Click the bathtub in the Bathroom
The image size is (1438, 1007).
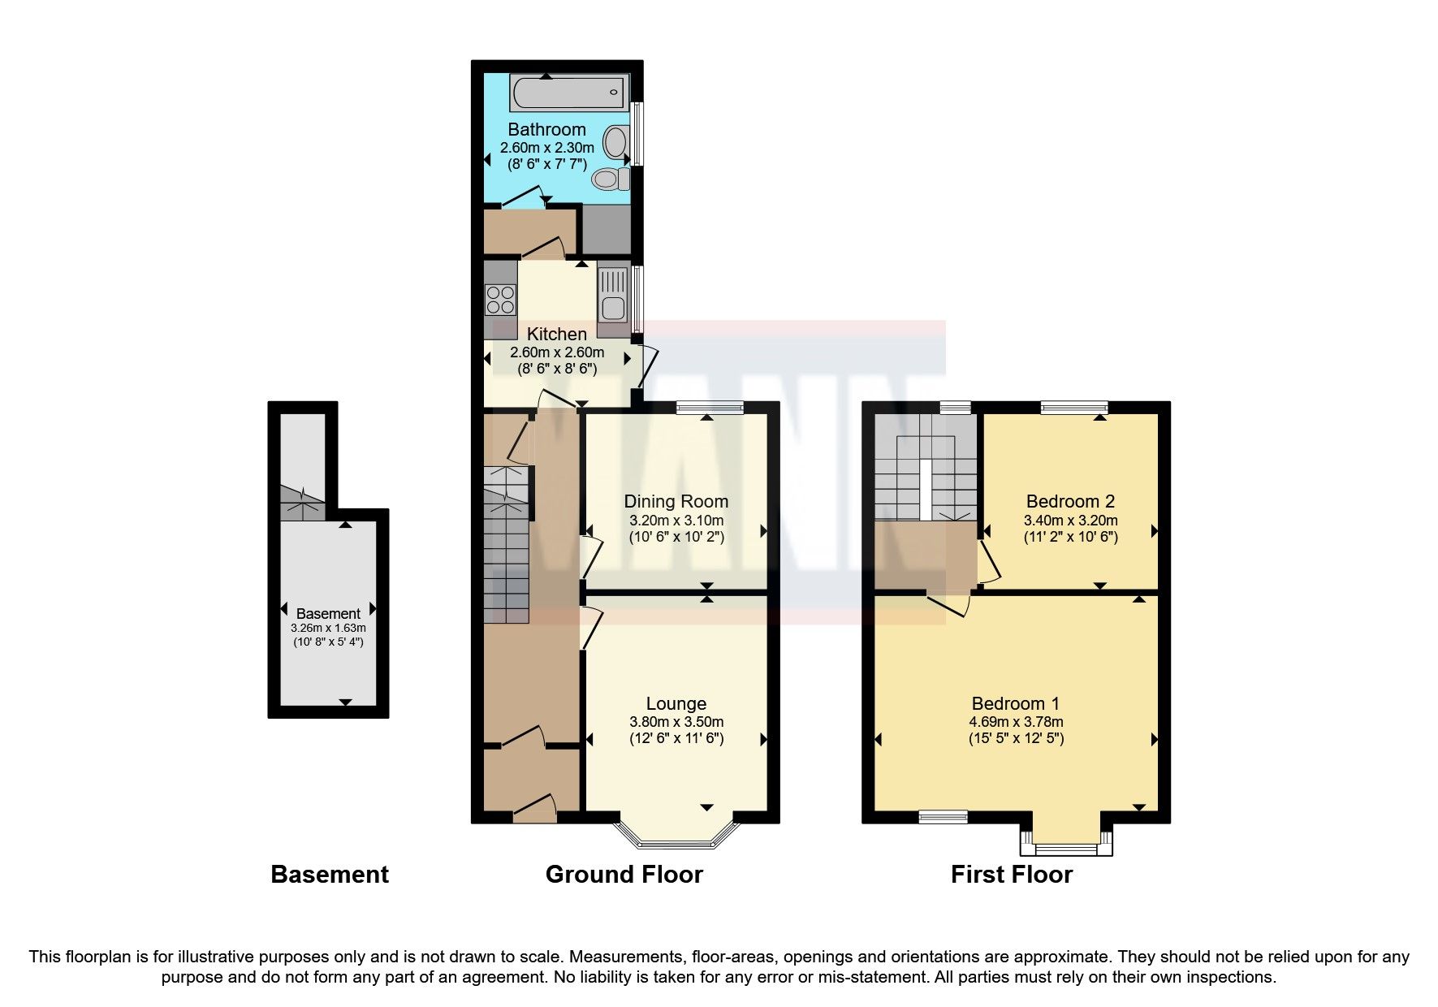[568, 93]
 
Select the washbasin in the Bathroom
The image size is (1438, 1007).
[616, 144]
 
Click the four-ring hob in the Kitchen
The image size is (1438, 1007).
[499, 300]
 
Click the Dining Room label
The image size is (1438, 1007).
[676, 501]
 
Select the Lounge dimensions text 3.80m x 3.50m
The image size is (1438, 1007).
[676, 721]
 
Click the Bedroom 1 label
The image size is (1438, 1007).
[1015, 703]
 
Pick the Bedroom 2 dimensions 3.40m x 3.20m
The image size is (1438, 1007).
[1070, 521]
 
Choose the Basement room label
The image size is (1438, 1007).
[328, 614]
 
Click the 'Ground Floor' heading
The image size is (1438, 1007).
[624, 874]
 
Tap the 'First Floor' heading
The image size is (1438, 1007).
[1011, 874]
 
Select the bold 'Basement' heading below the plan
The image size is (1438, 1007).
[329, 874]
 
